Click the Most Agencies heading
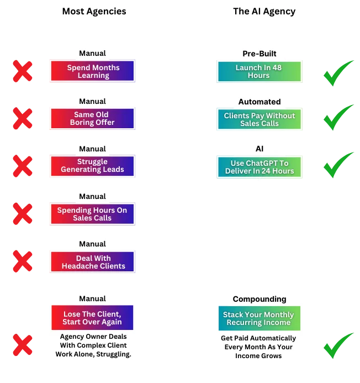[94, 12]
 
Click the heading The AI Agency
[264, 12]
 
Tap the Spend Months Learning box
[93, 71]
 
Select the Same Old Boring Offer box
[93, 118]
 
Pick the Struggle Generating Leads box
[93, 166]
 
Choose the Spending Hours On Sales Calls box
[93, 214]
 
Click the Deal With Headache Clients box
[93, 261]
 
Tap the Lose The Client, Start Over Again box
[92, 318]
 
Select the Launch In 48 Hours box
[260, 71]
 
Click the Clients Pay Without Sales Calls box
[260, 119]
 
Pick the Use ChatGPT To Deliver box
[260, 167]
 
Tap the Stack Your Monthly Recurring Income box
[260, 318]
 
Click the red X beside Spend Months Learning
[23, 71]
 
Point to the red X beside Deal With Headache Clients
[23, 261]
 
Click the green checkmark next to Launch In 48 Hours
[338, 73]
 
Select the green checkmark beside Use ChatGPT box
[338, 165]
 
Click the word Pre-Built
[260, 54]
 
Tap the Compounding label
[260, 299]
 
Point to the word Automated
[260, 102]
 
